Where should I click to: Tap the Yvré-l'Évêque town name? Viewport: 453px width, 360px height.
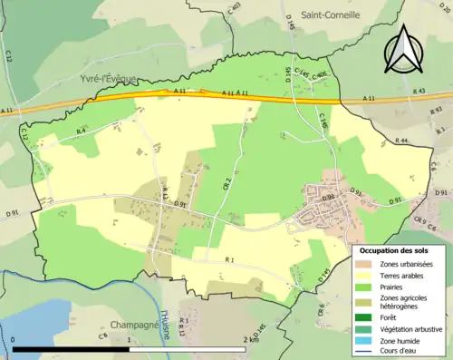(102, 78)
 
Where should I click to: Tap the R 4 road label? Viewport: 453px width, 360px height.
(81, 131)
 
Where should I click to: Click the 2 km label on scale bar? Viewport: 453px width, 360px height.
(251, 340)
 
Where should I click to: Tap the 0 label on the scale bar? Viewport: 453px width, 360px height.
(14, 340)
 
